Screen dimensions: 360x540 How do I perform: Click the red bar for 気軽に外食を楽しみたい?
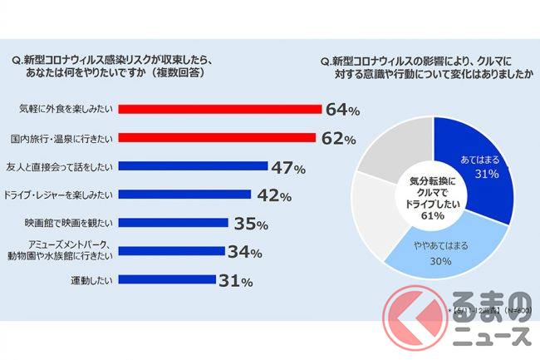coord(220,109)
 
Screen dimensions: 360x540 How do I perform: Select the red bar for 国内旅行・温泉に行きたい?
coord(218,138)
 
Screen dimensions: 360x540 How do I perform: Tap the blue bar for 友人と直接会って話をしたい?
coord(194,166)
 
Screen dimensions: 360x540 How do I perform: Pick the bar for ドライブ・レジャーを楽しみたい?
coord(185,195)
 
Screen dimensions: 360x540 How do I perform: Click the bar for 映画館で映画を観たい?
coord(174,223)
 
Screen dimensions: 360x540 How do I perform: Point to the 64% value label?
coord(341,110)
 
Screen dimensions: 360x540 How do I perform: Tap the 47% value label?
coord(288,168)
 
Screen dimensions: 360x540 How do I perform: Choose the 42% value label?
coord(272,196)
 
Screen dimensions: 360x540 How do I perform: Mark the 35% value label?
coord(250,224)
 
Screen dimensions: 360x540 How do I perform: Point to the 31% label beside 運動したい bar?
coord(235,282)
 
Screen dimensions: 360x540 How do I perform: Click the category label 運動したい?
coord(92,281)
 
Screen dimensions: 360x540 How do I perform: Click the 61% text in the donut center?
coord(433,216)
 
